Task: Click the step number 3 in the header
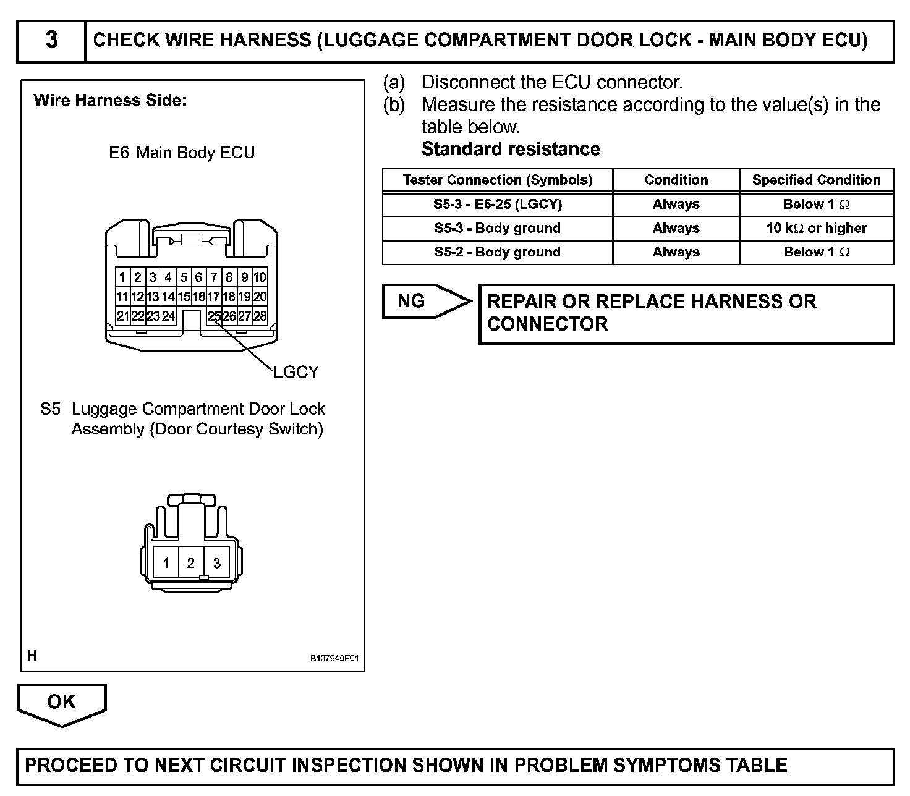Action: coord(52,40)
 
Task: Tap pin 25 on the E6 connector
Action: coord(214,316)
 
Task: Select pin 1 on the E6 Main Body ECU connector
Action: coord(122,277)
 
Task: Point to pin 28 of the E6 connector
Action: coord(260,316)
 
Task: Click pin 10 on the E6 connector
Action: coord(260,277)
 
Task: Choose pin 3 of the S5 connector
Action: coord(216,563)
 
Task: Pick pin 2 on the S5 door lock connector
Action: coord(191,563)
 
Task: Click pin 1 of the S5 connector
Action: coord(166,563)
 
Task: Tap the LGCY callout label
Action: coord(296,372)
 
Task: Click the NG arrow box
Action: coord(420,302)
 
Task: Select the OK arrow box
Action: coord(61,702)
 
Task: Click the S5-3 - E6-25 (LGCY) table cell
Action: coord(498,205)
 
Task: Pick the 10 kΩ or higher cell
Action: coord(817,228)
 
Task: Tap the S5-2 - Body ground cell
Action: coord(498,252)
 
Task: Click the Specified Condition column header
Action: coord(817,180)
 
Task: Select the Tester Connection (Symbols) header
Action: coord(498,180)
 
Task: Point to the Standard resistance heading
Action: coord(511,150)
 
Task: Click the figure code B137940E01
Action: coord(334,659)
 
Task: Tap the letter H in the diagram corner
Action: coord(32,656)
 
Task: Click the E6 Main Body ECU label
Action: coord(182,153)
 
